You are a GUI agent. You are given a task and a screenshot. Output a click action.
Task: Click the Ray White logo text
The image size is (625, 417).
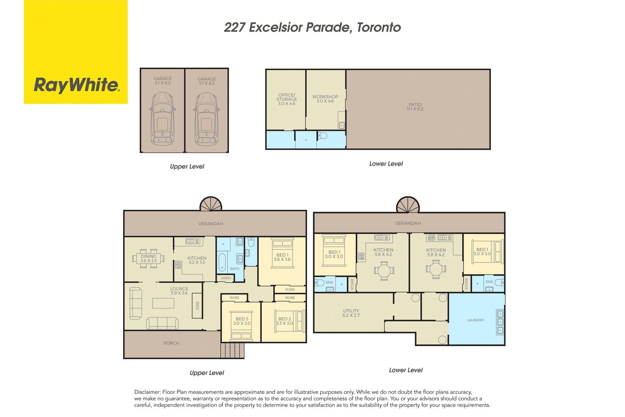pyautogui.click(x=77, y=85)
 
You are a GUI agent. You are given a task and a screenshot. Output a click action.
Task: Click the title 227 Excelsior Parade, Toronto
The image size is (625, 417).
pyautogui.click(x=312, y=27)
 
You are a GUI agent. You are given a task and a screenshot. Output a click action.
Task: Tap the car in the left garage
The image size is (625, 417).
pyautogui.click(x=162, y=119)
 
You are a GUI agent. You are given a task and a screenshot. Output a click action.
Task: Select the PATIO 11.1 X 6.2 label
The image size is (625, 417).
pyautogui.click(x=415, y=107)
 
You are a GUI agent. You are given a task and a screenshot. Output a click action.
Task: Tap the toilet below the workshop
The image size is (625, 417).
pyautogui.click(x=322, y=136)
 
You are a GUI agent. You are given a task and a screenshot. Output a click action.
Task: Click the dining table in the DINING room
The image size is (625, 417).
pyautogui.click(x=148, y=258)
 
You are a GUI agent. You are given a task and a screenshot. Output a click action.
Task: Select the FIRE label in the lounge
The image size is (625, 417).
pyautogui.click(x=198, y=306)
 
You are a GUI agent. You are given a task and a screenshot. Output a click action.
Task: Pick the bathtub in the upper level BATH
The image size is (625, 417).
pyautogui.click(x=222, y=262)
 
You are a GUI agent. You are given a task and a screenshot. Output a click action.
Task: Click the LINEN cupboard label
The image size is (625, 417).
pyautogui.click(x=226, y=278)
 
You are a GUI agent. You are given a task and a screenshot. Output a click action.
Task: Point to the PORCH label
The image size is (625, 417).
pyautogui.click(x=171, y=343)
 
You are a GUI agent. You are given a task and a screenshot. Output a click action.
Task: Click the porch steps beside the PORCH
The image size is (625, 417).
pyautogui.click(x=232, y=350)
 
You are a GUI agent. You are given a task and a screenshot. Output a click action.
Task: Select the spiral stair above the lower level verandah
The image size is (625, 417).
pyautogui.click(x=408, y=205)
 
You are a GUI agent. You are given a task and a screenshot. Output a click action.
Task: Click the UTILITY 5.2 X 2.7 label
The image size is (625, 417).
pyautogui.click(x=351, y=313)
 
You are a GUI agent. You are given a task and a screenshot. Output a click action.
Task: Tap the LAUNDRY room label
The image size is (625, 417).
pyautogui.click(x=476, y=320)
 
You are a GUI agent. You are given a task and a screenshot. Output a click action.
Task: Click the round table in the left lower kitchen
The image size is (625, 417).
pyautogui.click(x=384, y=271)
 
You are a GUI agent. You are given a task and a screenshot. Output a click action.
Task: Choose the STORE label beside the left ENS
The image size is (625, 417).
pyautogui.click(x=352, y=284)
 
